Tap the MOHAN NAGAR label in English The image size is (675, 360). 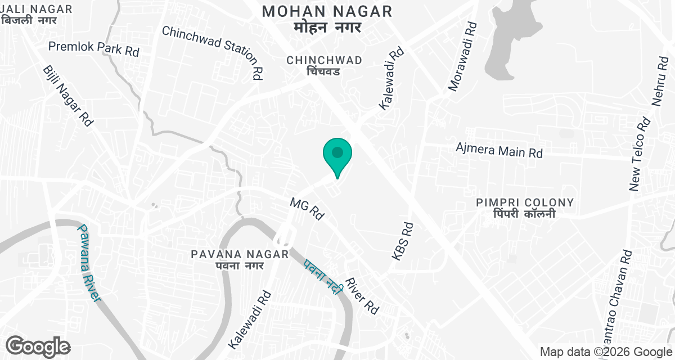327,11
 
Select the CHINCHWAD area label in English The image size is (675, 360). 323,60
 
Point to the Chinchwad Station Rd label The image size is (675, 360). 213,52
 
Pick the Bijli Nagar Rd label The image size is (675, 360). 67,95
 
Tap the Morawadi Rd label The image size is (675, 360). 463,56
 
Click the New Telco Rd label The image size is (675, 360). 640,154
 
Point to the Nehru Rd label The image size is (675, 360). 659,82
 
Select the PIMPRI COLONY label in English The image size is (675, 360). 524,202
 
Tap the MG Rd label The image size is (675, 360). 308,208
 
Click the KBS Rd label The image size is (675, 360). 403,241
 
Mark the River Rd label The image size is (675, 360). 362,296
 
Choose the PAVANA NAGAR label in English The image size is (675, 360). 240,254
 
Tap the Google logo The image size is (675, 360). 38,346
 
